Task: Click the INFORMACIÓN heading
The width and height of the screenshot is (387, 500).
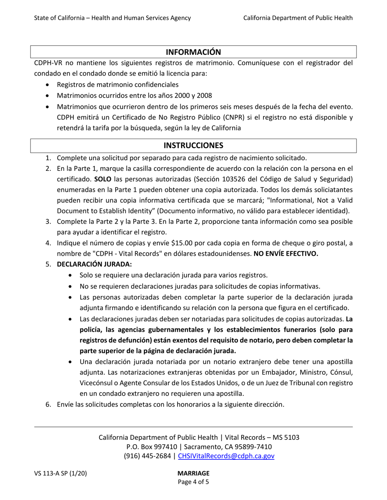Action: pyautogui.click(x=193, y=52)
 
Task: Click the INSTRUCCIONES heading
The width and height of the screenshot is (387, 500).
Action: pyautogui.click(x=193, y=146)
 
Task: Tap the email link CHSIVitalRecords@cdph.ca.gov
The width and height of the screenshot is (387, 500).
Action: pyautogui.click(x=226, y=456)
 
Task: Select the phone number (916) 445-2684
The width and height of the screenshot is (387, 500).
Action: pyautogui.click(x=148, y=456)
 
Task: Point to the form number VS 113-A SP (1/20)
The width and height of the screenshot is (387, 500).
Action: pyautogui.click(x=60, y=473)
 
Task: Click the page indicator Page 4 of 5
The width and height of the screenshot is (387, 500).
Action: pyautogui.click(x=193, y=483)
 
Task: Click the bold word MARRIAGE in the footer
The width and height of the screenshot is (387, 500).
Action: pyautogui.click(x=193, y=473)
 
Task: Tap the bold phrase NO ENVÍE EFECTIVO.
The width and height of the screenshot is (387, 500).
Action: pyautogui.click(x=286, y=254)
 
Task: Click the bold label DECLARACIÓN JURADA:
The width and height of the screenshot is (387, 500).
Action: pyautogui.click(x=94, y=264)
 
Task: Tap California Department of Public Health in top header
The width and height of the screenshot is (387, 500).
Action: pyautogui.click(x=298, y=17)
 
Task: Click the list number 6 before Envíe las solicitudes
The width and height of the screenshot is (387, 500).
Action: pyautogui.click(x=48, y=404)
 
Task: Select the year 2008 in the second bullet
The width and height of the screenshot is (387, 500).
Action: pyautogui.click(x=204, y=96)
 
